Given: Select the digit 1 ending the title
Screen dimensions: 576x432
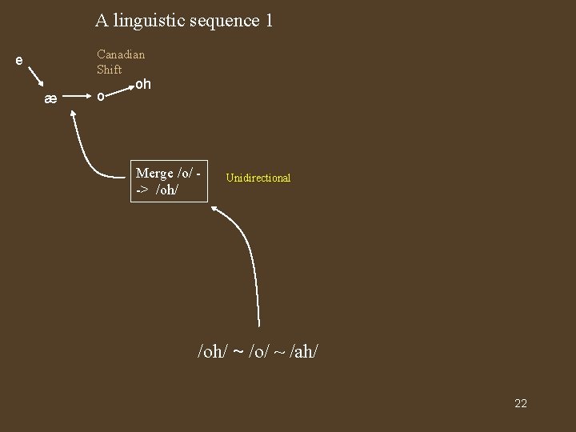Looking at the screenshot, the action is click(268, 20).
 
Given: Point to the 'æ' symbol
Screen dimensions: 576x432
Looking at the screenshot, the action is click(50, 98).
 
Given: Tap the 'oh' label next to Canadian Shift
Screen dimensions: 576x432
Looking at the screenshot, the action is click(143, 83).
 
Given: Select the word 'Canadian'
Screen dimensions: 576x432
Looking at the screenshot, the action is click(121, 54).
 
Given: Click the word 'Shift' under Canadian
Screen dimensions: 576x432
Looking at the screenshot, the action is click(110, 70).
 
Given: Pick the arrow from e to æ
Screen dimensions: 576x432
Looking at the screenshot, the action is click(36, 78).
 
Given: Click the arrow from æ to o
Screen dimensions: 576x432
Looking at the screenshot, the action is click(76, 98).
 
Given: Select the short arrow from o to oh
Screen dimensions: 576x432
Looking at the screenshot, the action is click(120, 88).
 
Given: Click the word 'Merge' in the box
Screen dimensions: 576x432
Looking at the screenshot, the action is click(154, 174).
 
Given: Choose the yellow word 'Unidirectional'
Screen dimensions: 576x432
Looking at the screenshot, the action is click(258, 178).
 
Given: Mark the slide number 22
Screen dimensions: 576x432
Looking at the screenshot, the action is click(520, 403).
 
